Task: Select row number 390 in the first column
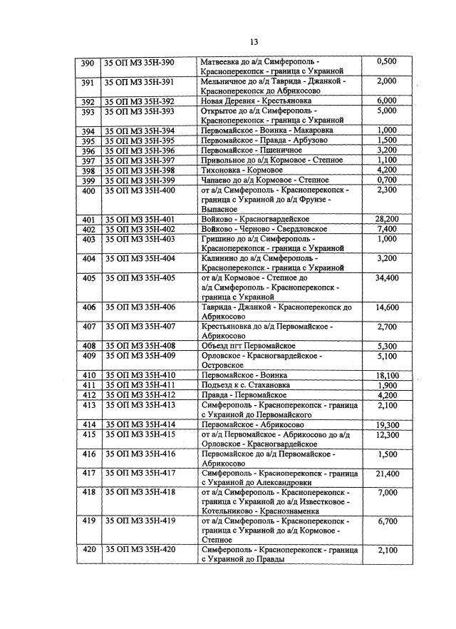pyautogui.click(x=88, y=63)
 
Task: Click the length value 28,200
pyautogui.click(x=386, y=219)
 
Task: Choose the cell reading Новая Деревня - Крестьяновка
pyautogui.click(x=257, y=101)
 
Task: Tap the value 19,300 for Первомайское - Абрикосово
pyautogui.click(x=386, y=424)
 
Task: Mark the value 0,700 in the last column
pyautogui.click(x=386, y=180)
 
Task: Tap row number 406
pyautogui.click(x=89, y=307)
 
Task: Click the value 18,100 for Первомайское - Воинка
pyautogui.click(x=386, y=375)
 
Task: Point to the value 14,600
pyautogui.click(x=386, y=307)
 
